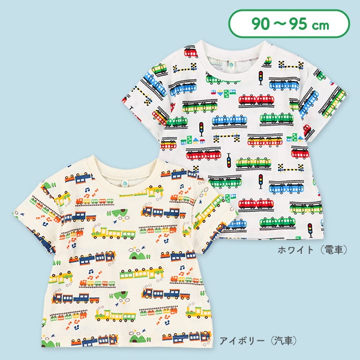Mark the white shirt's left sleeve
tap(153, 96)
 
